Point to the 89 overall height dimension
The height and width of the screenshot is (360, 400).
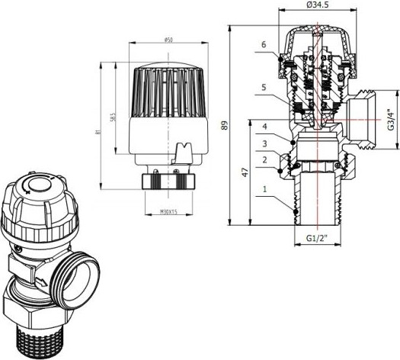224,125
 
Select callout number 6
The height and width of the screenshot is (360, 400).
264,45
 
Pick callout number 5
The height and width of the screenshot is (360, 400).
264,88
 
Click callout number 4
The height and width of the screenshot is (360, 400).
264,126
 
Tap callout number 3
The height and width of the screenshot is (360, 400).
264,143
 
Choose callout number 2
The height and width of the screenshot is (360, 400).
264,160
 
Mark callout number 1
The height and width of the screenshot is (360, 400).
264,187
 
